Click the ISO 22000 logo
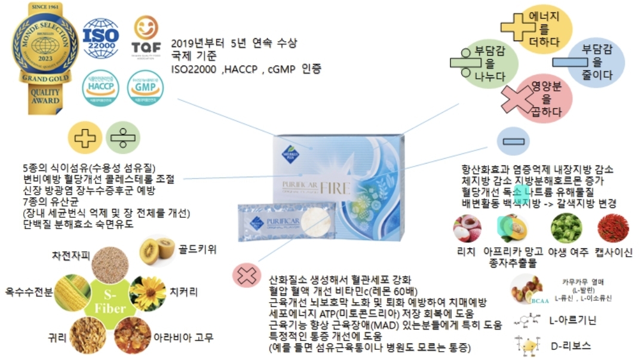coord(100,38)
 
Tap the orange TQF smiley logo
coord(146,38)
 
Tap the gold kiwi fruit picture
coord(157,251)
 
